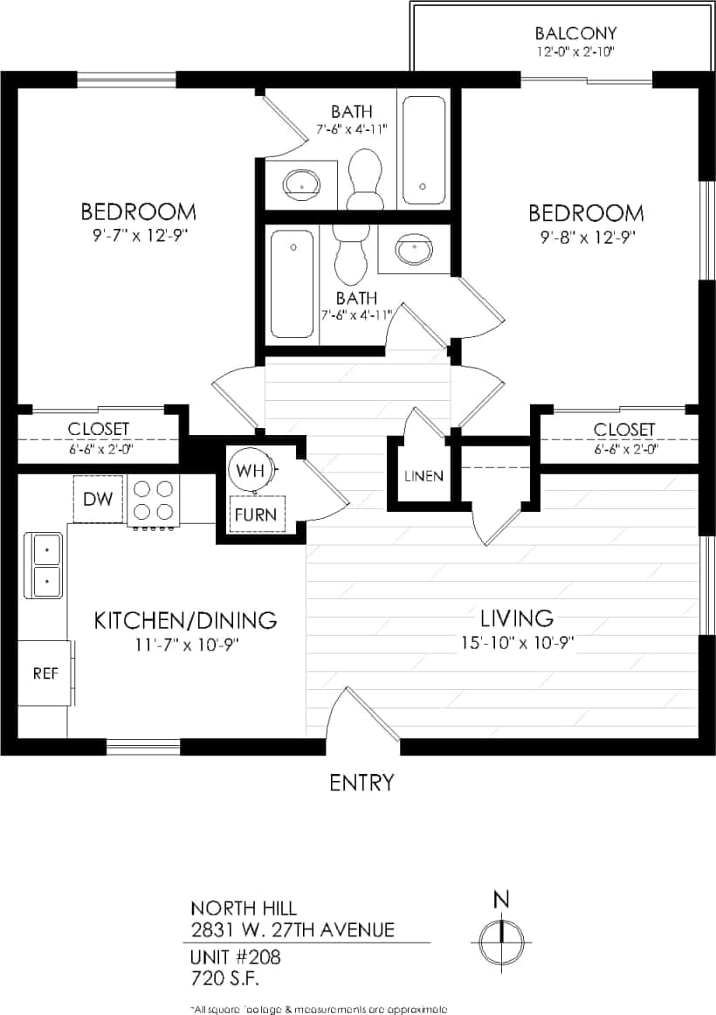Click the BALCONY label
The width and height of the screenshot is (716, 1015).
(575, 34)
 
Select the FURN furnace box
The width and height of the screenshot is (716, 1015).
(255, 514)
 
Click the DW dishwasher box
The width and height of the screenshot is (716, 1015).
(97, 499)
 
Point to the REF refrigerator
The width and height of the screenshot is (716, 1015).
(45, 673)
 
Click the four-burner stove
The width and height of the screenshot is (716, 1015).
(153, 501)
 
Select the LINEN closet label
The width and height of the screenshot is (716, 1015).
(423, 476)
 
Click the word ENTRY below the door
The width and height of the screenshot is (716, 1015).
(361, 783)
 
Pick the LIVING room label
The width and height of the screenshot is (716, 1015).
(516, 618)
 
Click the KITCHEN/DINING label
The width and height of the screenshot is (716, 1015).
(185, 620)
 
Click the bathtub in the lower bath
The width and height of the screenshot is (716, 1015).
(292, 283)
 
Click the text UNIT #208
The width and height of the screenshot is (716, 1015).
(236, 956)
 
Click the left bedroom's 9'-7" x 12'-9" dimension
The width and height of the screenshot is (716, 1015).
(138, 234)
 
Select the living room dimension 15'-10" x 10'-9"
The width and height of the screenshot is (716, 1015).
(517, 643)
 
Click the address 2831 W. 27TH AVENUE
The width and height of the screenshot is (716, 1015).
(293, 929)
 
